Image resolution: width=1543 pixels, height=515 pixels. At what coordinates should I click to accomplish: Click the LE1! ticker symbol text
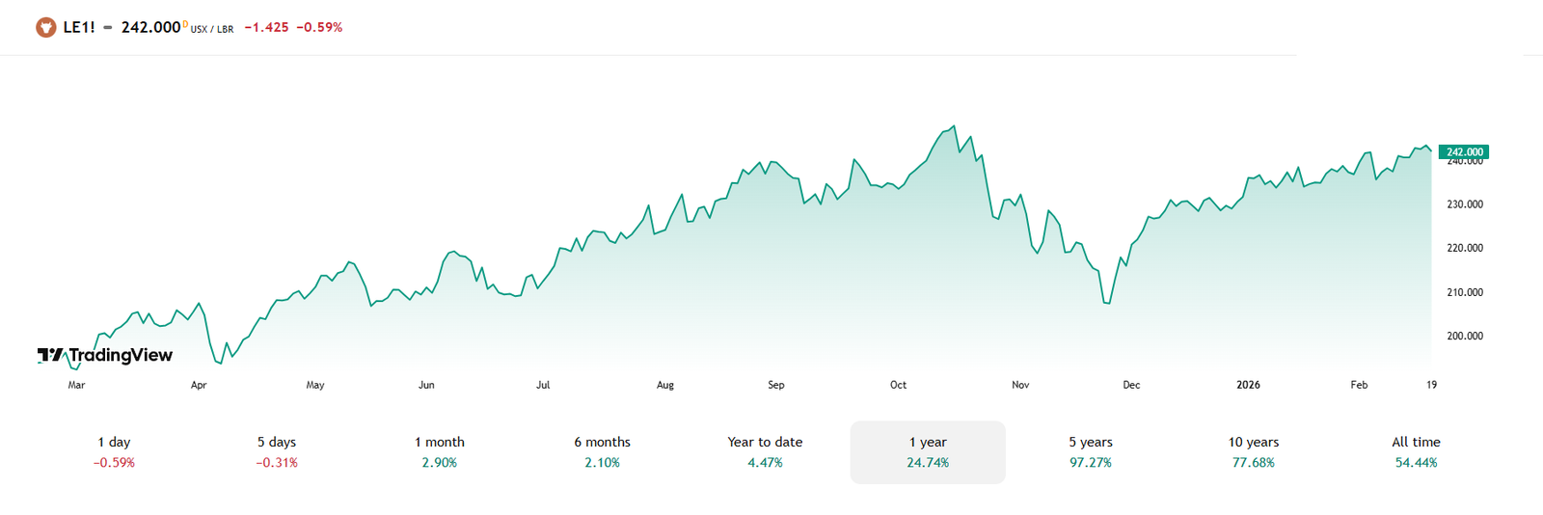pyautogui.click(x=79, y=27)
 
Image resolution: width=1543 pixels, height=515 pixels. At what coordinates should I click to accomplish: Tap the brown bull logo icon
pyautogui.click(x=45, y=27)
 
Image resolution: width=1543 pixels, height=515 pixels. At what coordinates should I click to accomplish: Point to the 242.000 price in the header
pyautogui.click(x=151, y=27)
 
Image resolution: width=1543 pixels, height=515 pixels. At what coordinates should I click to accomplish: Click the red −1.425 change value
pyautogui.click(x=266, y=27)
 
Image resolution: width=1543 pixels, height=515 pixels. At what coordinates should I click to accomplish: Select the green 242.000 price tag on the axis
pyautogui.click(x=1464, y=151)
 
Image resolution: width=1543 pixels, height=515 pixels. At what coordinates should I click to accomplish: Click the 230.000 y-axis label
pyautogui.click(x=1464, y=204)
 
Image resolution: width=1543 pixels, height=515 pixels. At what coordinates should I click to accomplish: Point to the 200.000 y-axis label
pyautogui.click(x=1464, y=336)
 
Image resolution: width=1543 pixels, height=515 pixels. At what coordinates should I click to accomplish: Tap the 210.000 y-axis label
pyautogui.click(x=1464, y=292)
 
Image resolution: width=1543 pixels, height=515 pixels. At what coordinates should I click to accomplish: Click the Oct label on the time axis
pyautogui.click(x=898, y=385)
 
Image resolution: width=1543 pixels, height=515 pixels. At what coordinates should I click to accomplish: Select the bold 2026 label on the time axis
pyautogui.click(x=1248, y=385)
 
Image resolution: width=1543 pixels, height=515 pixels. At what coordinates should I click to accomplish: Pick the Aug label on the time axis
pyautogui.click(x=665, y=385)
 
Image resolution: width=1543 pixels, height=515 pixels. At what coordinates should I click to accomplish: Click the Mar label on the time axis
pyautogui.click(x=76, y=385)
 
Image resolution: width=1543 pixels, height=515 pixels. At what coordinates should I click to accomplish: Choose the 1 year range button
pyautogui.click(x=928, y=452)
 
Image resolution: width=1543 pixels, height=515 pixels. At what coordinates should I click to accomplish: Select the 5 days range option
pyautogui.click(x=277, y=452)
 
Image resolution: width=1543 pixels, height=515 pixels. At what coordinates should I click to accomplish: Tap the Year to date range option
pyautogui.click(x=765, y=452)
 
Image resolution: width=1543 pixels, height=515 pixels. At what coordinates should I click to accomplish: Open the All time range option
pyautogui.click(x=1416, y=452)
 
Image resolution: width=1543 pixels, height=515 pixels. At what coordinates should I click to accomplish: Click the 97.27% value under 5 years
pyautogui.click(x=1091, y=463)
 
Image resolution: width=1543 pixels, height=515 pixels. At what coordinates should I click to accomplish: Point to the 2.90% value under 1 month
pyautogui.click(x=440, y=463)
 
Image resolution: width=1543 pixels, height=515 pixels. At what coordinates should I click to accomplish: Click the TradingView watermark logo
pyautogui.click(x=105, y=355)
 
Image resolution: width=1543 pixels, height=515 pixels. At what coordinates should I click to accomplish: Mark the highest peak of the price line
pyautogui.click(x=954, y=125)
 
